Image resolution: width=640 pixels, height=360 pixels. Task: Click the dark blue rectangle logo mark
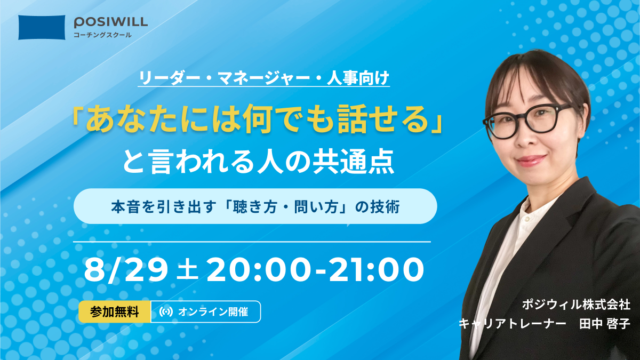[x=42, y=27]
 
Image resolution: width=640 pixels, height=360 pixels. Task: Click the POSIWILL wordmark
[x=111, y=22]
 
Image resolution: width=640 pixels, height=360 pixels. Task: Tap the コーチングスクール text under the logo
[x=102, y=35]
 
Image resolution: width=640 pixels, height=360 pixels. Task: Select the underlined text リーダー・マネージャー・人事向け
[x=263, y=78]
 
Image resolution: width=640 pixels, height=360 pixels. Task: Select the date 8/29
[x=126, y=270]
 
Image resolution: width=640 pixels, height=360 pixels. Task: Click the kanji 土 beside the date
[x=187, y=270]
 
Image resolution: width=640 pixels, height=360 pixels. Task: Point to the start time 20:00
[x=258, y=270]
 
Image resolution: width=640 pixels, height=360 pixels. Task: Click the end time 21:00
[x=377, y=270]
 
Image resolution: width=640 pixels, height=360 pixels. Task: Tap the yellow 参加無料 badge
[x=115, y=311]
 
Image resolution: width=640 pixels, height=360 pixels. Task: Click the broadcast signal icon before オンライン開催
[x=166, y=311]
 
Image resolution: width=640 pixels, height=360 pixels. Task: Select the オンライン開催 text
[x=213, y=311]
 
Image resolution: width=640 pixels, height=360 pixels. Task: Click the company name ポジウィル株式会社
[x=576, y=305]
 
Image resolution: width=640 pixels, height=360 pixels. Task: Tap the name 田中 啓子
[x=605, y=324]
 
